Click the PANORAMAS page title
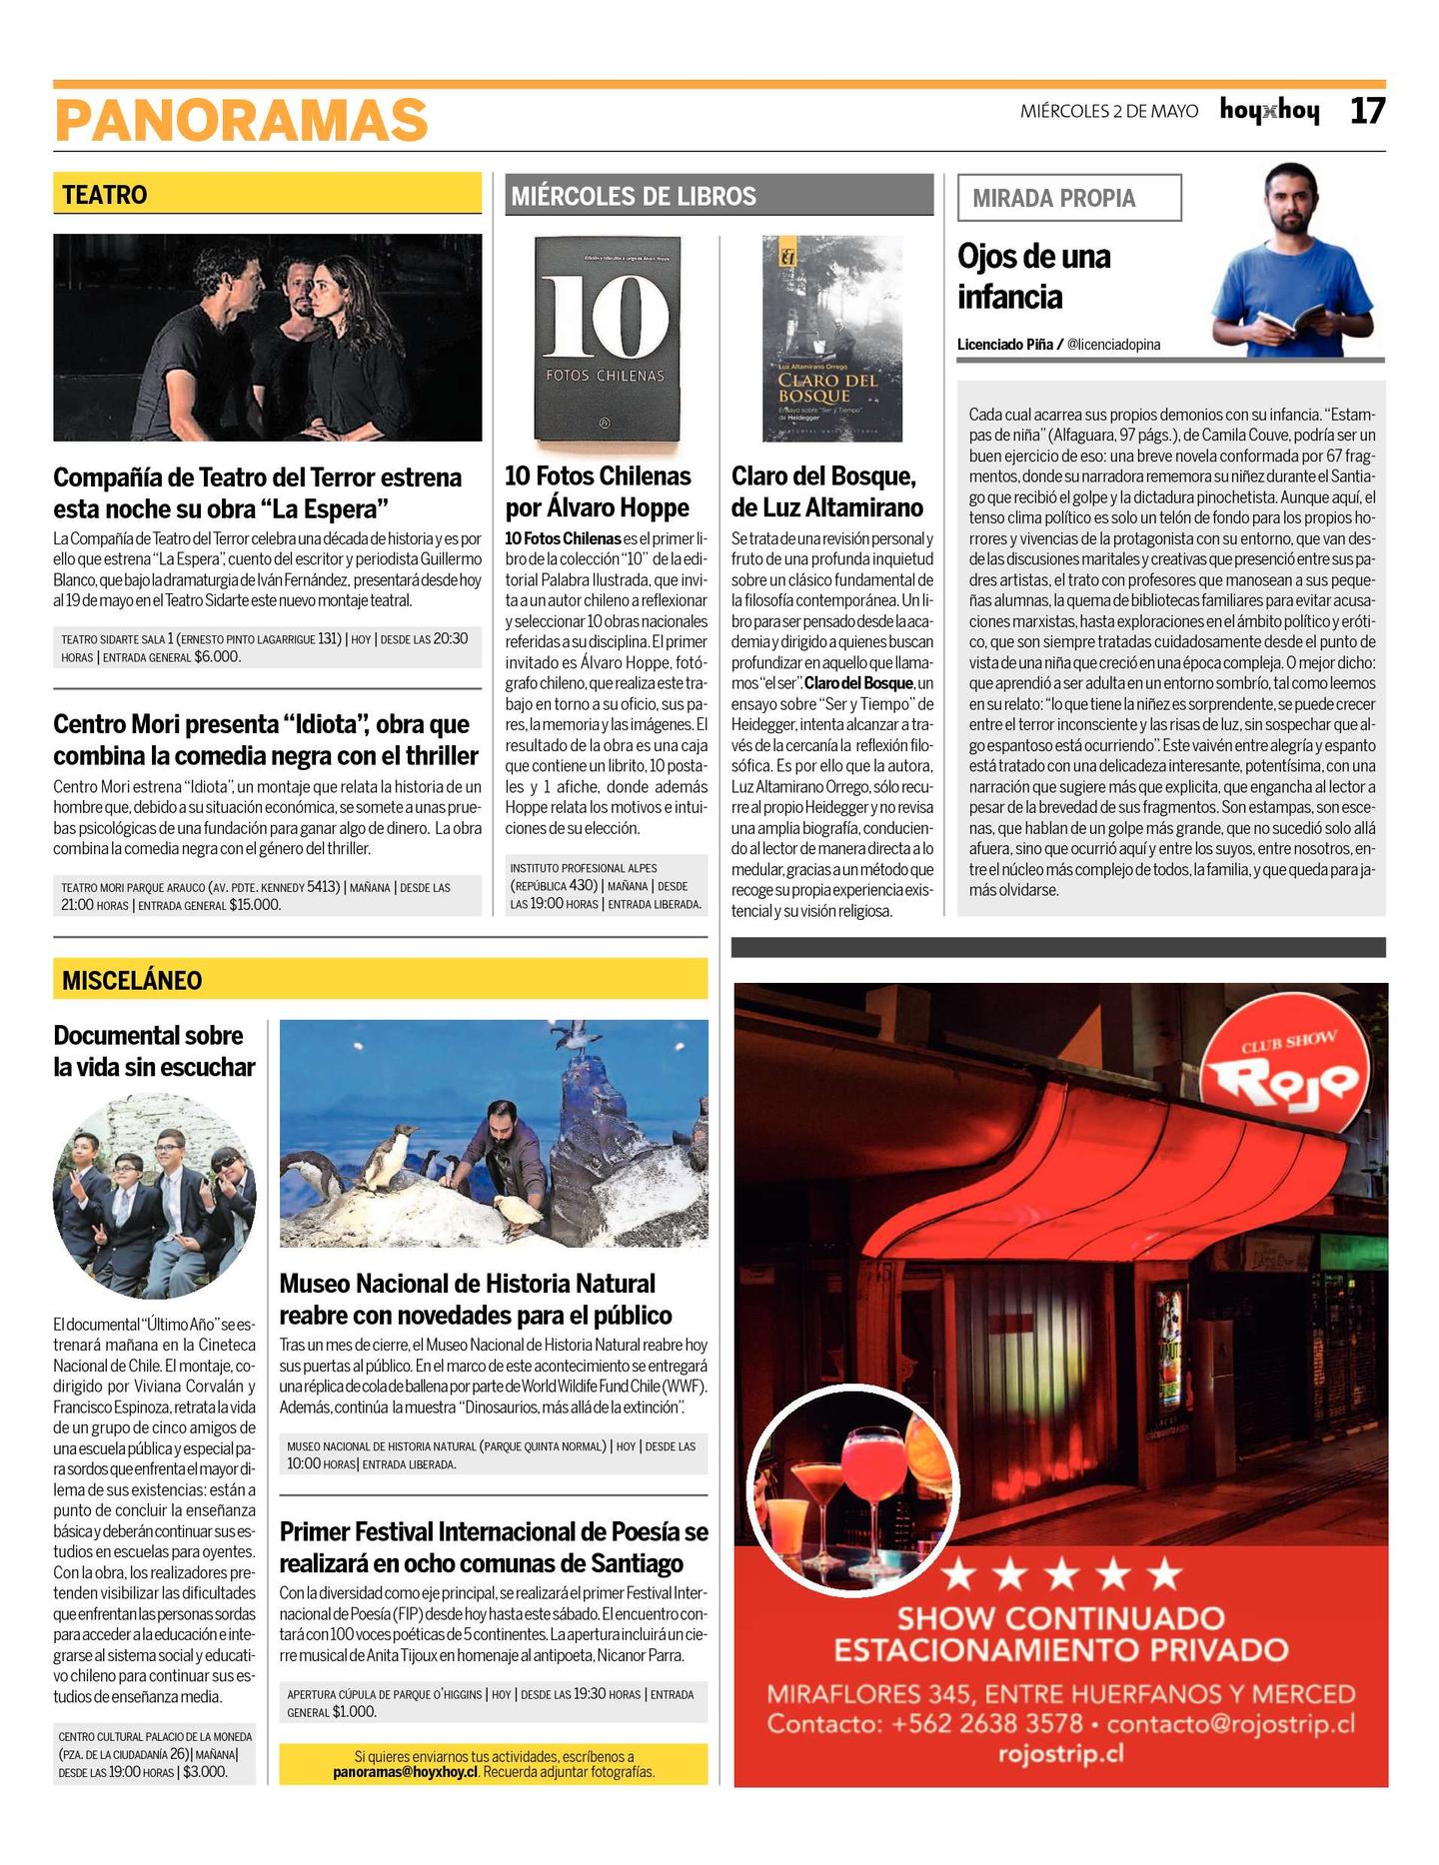point(241,121)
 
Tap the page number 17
point(1367,111)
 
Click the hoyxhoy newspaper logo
point(1269,111)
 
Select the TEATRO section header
point(105,195)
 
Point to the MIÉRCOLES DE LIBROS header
point(634,196)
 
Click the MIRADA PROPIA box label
point(1054,198)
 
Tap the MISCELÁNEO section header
point(132,980)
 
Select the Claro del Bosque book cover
point(831,338)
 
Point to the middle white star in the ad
point(1061,1575)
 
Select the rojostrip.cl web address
point(1060,1754)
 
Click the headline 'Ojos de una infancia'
point(1033,277)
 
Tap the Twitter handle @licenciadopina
point(1113,345)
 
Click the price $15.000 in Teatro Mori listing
point(255,905)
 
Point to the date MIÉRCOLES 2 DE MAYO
point(1108,112)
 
